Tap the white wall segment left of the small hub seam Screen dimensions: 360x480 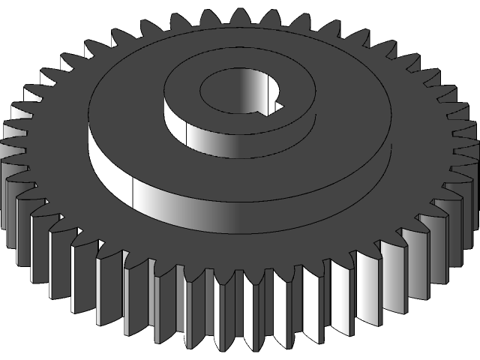point(174,123)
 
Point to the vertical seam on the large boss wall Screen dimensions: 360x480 point(133,193)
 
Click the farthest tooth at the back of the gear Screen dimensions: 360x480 point(240,16)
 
